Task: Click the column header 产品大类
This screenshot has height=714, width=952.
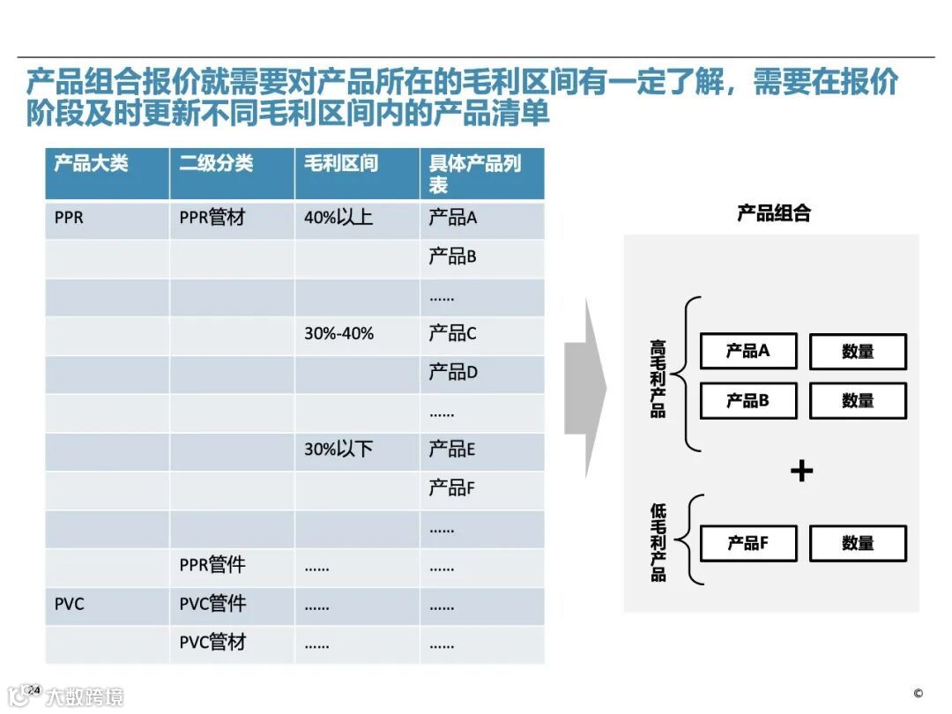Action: (92, 164)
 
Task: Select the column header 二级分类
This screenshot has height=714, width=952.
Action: (216, 164)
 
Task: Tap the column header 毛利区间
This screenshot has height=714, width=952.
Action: (341, 164)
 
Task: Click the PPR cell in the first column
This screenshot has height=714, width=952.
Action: (69, 218)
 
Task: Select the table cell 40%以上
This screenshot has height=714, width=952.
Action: (338, 218)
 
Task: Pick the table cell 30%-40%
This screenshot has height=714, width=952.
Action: (339, 334)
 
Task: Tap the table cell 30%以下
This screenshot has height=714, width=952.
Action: (338, 450)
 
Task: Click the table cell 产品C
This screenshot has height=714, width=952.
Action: (452, 334)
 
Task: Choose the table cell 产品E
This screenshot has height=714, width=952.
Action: (451, 450)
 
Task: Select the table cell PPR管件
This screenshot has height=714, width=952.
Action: (212, 565)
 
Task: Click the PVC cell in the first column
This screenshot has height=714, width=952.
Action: (70, 605)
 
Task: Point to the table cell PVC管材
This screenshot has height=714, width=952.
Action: (212, 643)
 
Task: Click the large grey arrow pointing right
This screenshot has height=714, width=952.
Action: (584, 388)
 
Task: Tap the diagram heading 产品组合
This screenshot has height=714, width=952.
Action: (773, 213)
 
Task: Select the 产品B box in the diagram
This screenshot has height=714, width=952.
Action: (748, 401)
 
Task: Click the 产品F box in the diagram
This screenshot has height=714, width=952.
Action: (748, 544)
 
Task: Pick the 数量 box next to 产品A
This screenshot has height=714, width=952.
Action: (858, 352)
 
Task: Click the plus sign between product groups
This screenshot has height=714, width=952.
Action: (801, 472)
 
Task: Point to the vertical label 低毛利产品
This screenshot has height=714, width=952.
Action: (658, 542)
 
